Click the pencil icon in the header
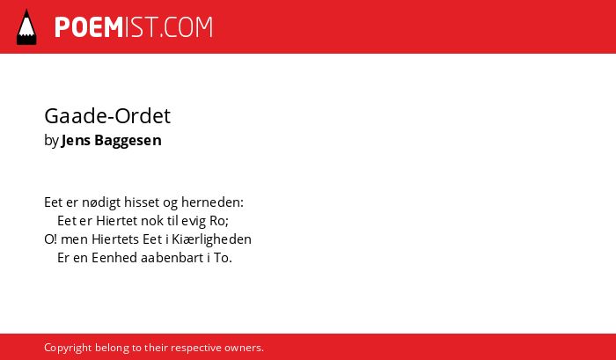[x=26, y=26]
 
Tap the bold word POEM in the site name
[x=89, y=27]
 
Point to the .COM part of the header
[x=187, y=27]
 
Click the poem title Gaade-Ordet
[x=107, y=116]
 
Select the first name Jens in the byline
[x=77, y=140]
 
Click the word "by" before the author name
[x=51, y=141]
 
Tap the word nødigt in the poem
[x=101, y=202]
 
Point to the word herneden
[x=211, y=202]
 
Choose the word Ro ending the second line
[x=217, y=221]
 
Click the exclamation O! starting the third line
[x=51, y=239]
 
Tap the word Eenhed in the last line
[x=114, y=258]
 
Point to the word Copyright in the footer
[x=68, y=348]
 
